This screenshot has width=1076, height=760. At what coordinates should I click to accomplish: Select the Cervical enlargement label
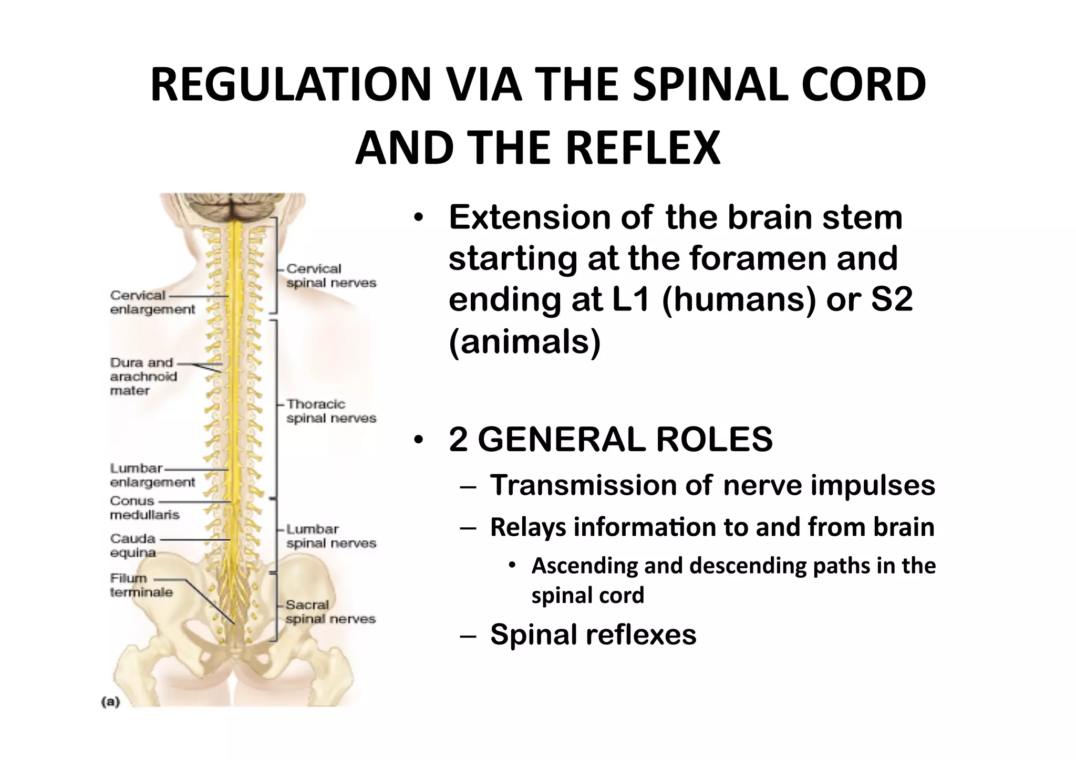152,302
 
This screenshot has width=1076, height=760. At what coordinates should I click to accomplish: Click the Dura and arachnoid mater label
143,376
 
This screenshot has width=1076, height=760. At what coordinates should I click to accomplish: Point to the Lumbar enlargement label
152,475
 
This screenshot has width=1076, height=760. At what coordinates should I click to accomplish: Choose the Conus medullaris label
144,507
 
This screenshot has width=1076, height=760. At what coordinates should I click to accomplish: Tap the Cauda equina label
133,545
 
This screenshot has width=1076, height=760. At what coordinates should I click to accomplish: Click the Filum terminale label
141,585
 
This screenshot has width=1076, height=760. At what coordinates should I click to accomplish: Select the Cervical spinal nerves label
330,276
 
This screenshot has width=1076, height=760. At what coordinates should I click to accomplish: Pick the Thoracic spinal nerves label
330,411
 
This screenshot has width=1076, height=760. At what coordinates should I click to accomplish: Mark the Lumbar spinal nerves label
330,536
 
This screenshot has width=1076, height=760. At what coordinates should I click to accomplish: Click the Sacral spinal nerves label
330,611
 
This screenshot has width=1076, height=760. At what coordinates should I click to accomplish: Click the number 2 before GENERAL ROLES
458,439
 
